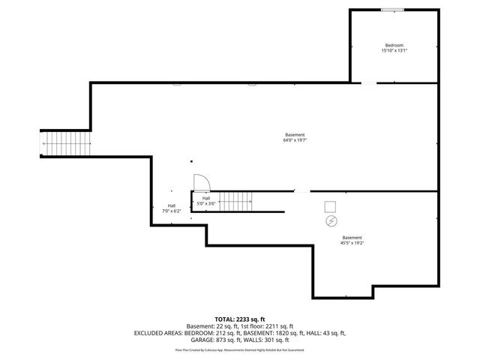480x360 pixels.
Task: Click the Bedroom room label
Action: tap(394, 46)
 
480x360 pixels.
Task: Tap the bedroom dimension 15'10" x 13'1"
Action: tap(394, 51)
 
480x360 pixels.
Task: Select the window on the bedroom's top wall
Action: tap(391, 10)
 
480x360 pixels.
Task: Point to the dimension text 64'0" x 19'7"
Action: tap(295, 140)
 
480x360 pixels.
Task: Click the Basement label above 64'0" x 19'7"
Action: tap(295, 135)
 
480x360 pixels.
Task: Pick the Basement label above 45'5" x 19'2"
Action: tap(352, 237)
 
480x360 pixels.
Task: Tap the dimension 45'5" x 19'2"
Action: tap(352, 242)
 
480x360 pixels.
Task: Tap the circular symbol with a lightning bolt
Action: tap(331, 222)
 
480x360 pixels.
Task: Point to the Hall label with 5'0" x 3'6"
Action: tap(206, 198)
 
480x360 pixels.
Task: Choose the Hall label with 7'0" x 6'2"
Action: tap(172, 205)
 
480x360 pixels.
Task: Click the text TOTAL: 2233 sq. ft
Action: tap(239, 318)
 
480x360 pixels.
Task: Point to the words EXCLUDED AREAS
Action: tap(157, 332)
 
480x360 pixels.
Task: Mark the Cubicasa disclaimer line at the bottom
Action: tap(239, 349)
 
